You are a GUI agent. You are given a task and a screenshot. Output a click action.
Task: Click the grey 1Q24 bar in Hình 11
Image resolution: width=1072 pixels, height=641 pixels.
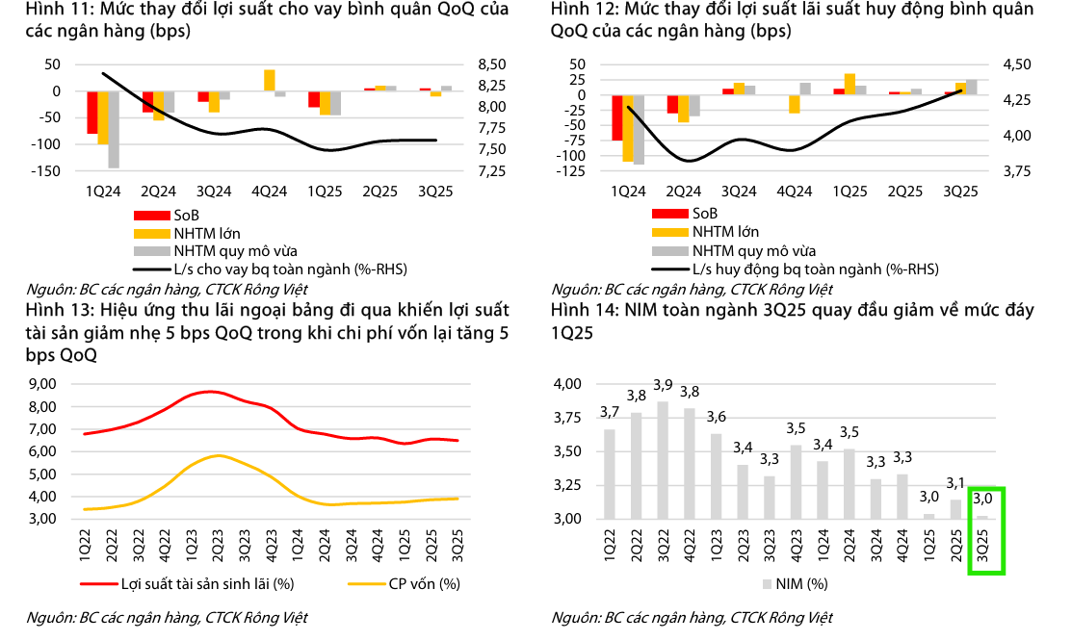point(113,129)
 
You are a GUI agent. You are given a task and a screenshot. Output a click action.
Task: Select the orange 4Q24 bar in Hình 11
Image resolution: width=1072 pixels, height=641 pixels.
point(269,80)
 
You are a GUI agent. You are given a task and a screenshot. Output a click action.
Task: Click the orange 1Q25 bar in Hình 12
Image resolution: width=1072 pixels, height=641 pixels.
point(850,84)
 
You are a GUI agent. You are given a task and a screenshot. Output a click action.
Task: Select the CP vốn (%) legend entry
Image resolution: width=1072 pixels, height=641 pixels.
point(425,583)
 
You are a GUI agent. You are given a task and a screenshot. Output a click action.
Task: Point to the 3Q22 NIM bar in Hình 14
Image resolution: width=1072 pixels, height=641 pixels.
point(662,460)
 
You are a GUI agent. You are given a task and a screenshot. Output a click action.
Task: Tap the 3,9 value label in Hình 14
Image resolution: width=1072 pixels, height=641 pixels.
point(662,385)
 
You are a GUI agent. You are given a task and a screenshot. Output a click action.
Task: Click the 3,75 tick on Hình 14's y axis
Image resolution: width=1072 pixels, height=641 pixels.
point(568,418)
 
